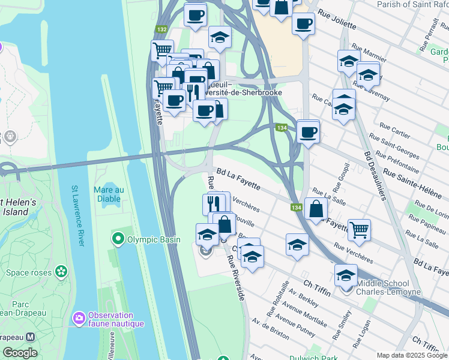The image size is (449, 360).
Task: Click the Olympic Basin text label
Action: coord(153,240)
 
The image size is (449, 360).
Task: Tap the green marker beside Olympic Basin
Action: coord(118,240)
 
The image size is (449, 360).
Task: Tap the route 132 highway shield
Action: coord(161,29)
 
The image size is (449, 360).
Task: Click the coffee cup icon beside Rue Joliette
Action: coord(304,24)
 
